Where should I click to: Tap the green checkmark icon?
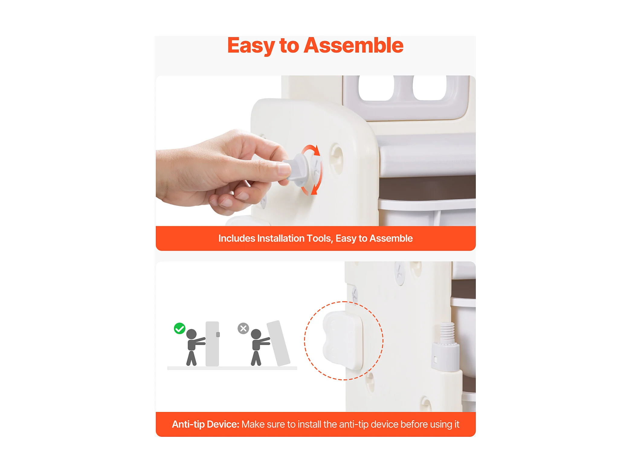[x=179, y=328]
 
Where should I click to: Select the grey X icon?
[x=243, y=328]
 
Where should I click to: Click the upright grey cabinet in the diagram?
[x=212, y=344]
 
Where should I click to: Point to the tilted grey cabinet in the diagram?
[x=278, y=343]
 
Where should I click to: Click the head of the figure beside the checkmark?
[x=192, y=334]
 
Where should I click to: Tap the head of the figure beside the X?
[x=256, y=334]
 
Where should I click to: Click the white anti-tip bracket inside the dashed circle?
[x=343, y=340]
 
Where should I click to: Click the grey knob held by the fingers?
[x=298, y=170]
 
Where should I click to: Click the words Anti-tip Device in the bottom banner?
[x=205, y=424]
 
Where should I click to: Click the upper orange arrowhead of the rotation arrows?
[x=316, y=150]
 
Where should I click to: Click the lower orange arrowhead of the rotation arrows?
[x=314, y=190]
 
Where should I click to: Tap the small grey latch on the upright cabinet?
[x=218, y=334]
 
